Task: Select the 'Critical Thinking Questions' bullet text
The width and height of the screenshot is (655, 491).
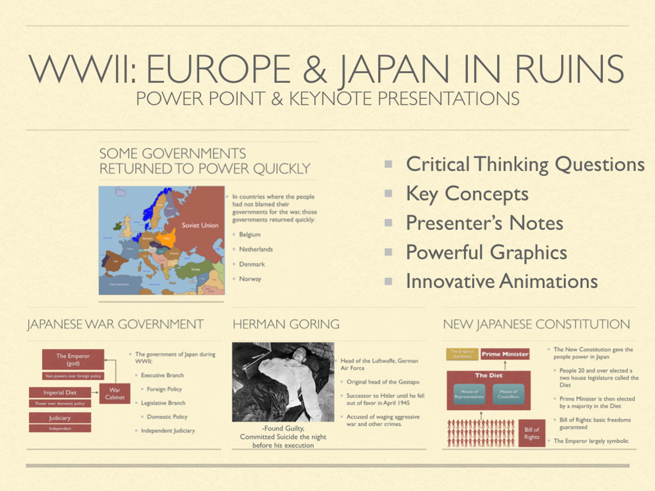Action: tap(525, 164)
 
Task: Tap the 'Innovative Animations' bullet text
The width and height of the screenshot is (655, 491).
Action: tap(501, 281)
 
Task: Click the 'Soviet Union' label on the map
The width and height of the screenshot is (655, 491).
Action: tap(200, 225)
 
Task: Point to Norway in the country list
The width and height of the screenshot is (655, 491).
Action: tap(250, 279)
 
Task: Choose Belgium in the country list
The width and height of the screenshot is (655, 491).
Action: tap(250, 234)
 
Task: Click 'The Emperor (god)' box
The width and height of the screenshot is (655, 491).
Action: tap(73, 360)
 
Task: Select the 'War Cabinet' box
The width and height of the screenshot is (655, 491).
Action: tap(115, 393)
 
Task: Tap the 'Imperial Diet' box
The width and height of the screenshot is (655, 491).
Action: tap(60, 393)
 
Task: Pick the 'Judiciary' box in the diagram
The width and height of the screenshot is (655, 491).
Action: tap(60, 418)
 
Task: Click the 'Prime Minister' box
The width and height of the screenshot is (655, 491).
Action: tap(505, 354)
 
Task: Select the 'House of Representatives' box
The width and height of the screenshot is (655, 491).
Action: tap(469, 394)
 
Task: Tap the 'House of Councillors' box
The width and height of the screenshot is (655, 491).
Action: tap(509, 394)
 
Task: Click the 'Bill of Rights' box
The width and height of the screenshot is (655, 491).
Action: tap(532, 433)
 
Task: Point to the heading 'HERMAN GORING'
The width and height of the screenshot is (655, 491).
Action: tap(286, 324)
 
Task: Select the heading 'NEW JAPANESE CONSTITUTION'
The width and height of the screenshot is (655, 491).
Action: tap(536, 324)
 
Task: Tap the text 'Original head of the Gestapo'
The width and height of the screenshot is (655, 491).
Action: tap(383, 382)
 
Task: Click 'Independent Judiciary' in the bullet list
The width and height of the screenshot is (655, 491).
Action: tap(168, 431)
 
